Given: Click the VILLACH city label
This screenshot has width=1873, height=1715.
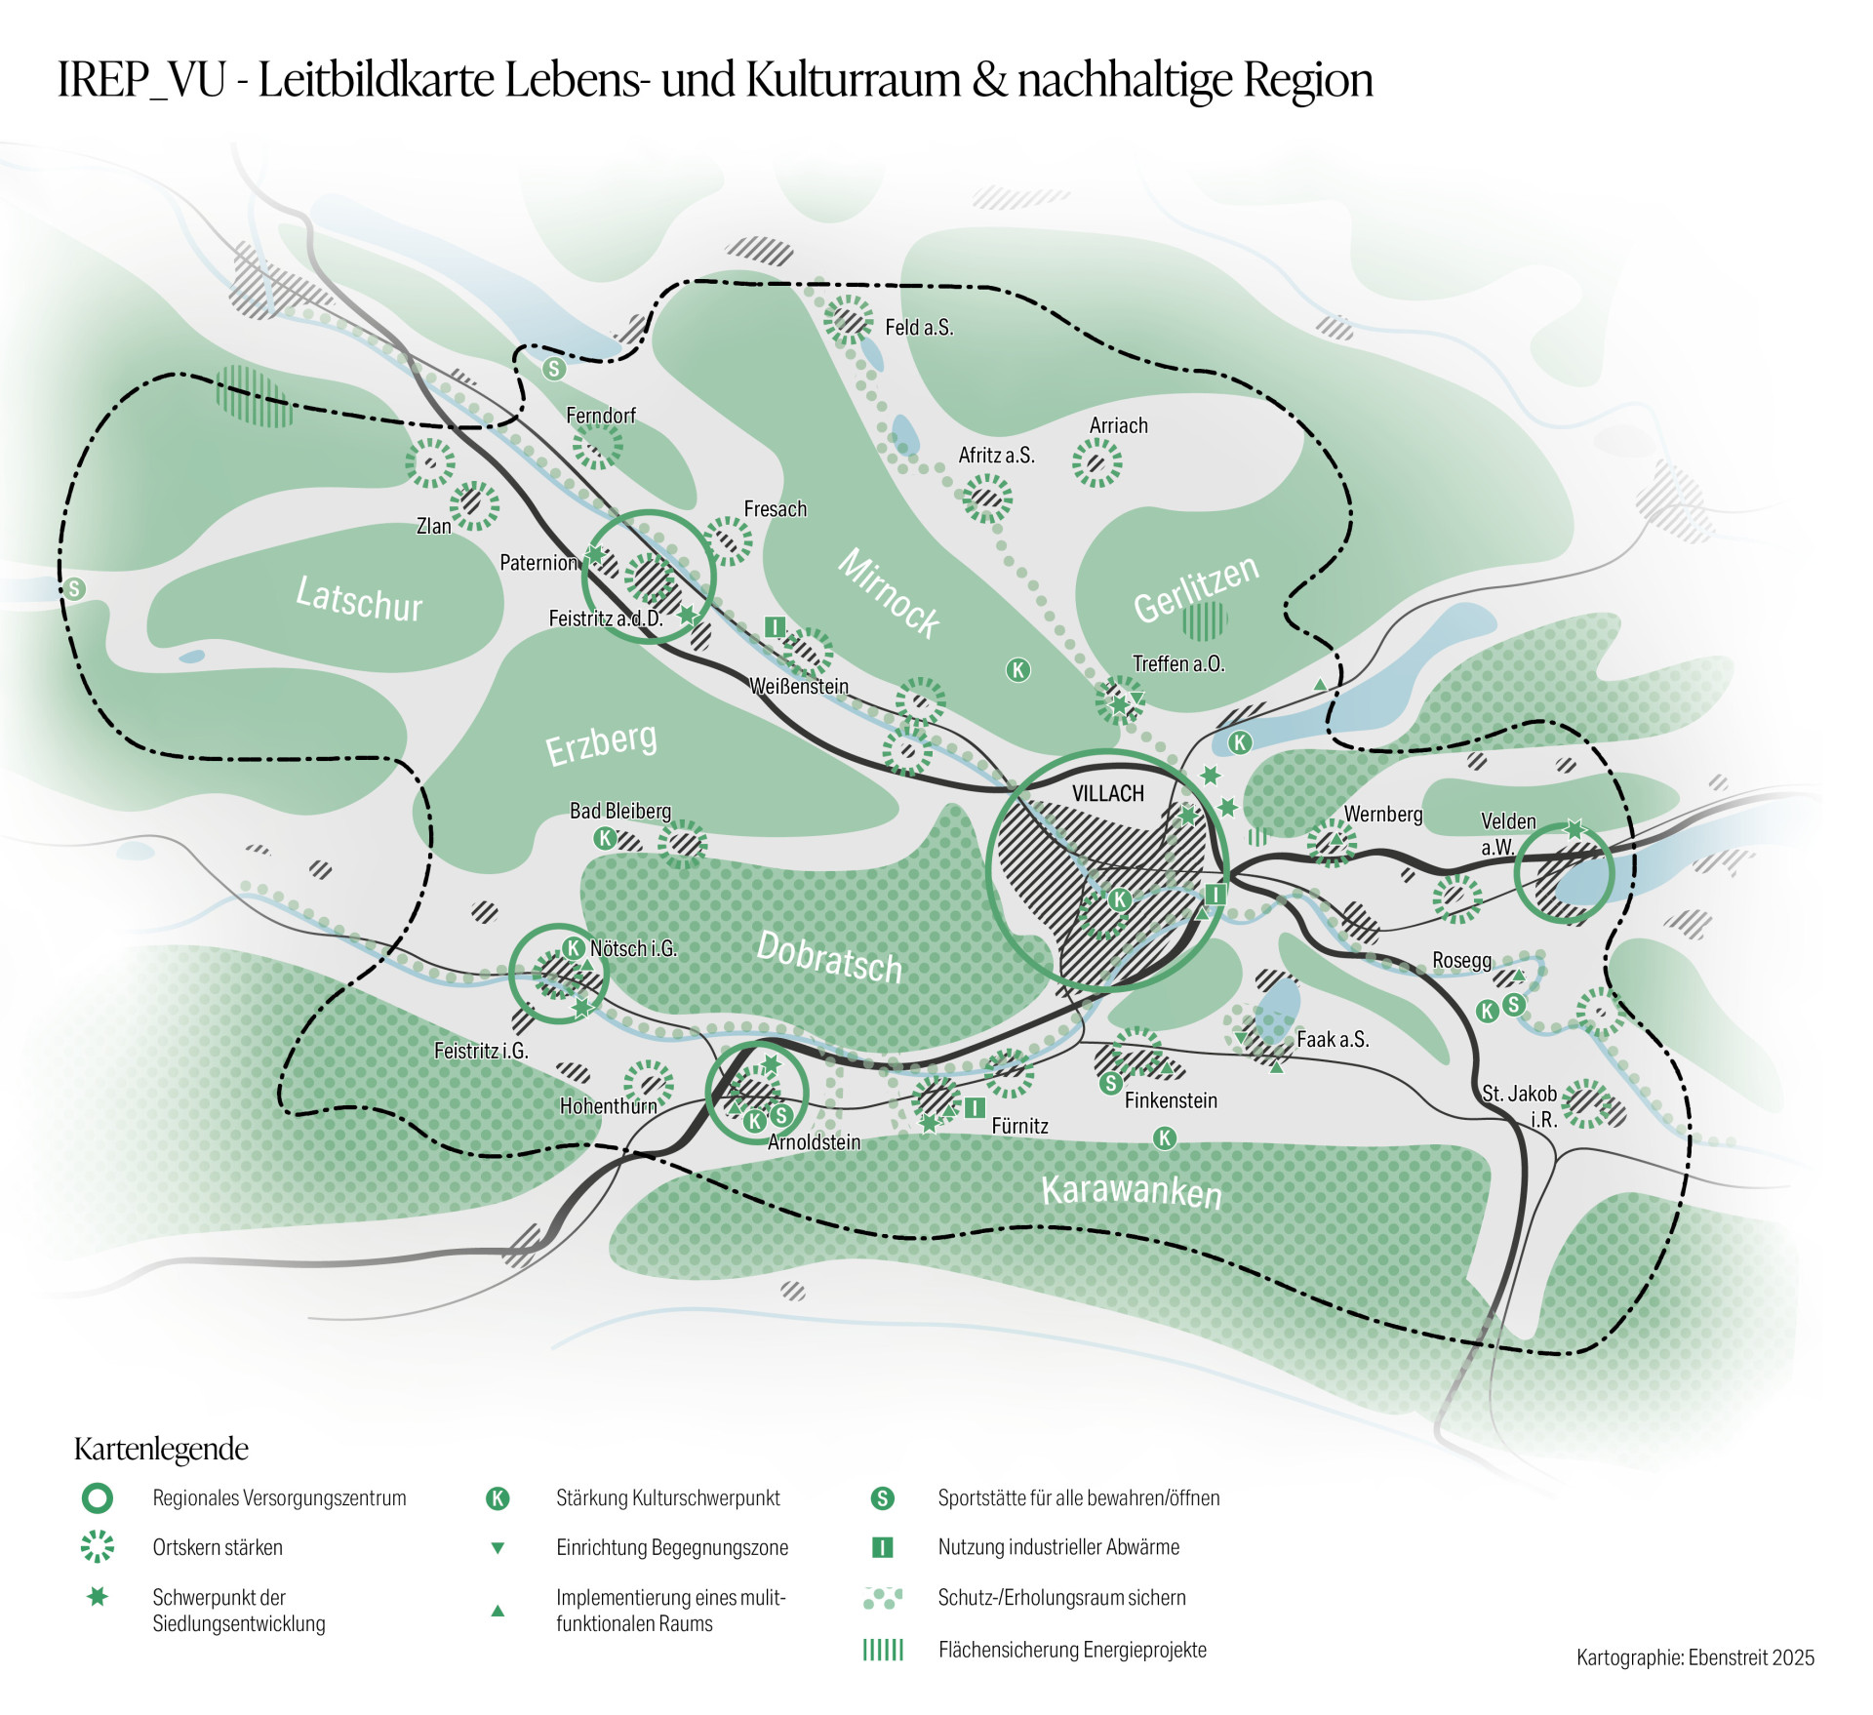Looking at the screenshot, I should [1107, 793].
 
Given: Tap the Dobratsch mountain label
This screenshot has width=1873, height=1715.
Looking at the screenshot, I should [829, 957].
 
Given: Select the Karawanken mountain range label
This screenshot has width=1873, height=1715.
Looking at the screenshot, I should [1131, 1191].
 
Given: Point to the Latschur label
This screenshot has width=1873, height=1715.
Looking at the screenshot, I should [359, 598].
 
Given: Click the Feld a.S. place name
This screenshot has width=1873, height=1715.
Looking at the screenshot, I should [918, 328].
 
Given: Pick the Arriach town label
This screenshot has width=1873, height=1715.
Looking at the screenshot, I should [1118, 425].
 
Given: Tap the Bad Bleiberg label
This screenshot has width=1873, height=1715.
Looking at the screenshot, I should [620, 811].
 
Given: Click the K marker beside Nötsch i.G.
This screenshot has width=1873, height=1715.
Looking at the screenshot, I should [574, 947].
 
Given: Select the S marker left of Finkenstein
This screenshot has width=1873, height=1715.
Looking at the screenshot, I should [1110, 1083].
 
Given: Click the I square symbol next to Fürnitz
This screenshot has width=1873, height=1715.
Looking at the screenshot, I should [974, 1107].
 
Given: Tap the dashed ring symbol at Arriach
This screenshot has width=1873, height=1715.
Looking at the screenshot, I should [1096, 462].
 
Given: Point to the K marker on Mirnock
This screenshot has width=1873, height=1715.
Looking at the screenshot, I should [1017, 669].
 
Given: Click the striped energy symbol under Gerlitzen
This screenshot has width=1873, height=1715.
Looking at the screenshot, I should [1204, 620].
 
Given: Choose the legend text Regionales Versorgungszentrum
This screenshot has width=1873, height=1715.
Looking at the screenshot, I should [279, 1497].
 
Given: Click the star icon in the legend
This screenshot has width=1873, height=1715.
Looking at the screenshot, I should [98, 1597].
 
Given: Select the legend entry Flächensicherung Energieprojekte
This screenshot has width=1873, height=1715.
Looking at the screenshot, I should [1071, 1650].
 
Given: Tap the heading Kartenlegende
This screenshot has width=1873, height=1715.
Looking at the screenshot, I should [161, 1449].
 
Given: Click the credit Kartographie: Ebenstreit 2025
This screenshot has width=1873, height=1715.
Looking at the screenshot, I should [1694, 1657].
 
